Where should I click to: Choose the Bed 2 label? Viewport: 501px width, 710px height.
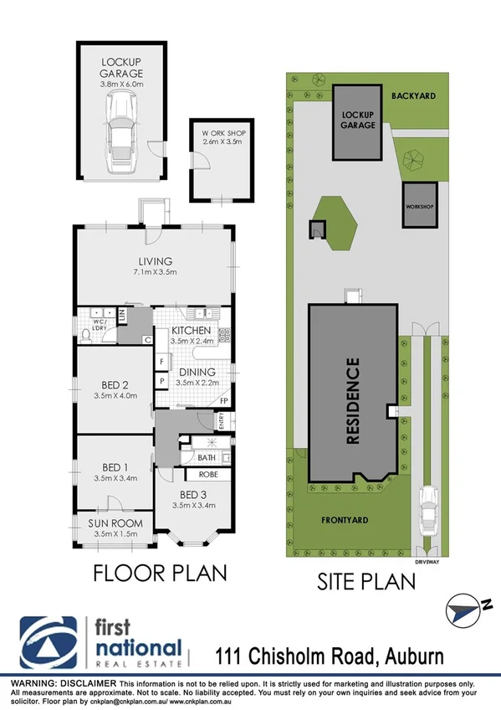(115, 385)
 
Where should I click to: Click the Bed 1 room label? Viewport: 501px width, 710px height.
(115, 467)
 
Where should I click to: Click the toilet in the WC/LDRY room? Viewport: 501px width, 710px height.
(86, 335)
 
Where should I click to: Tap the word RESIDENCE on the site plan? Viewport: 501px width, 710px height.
(352, 399)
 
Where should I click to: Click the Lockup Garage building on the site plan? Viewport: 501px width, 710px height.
(357, 121)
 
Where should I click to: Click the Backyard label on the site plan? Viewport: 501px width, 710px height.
(414, 97)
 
